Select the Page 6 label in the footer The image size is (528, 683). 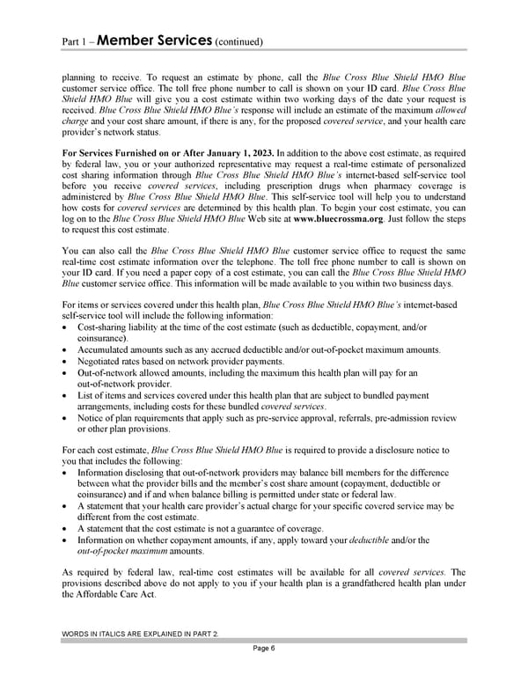pos(263,649)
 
